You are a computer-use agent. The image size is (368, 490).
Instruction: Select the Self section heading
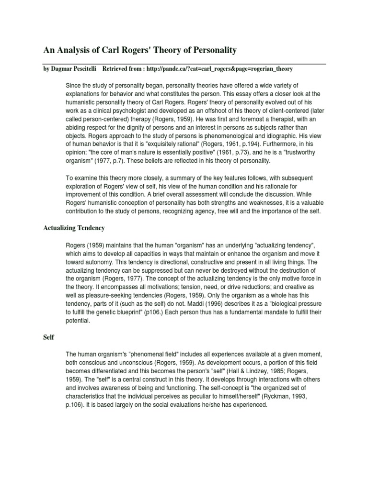click(x=48, y=337)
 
